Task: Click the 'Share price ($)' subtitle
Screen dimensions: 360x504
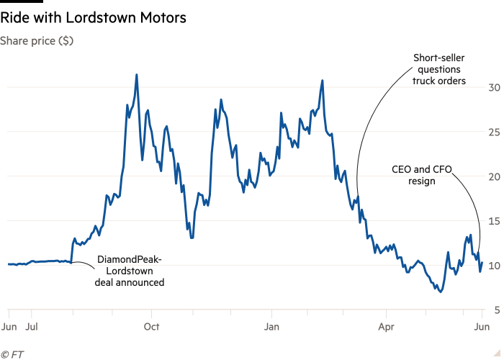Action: pos(37,41)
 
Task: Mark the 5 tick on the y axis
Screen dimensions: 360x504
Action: pos(492,310)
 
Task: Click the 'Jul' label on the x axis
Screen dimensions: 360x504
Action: pos(32,325)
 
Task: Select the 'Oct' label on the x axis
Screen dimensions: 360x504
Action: pos(151,325)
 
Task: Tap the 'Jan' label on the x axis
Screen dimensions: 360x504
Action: pos(271,325)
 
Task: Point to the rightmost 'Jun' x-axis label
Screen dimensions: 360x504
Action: pos(482,325)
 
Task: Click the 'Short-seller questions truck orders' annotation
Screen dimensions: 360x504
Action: pos(438,69)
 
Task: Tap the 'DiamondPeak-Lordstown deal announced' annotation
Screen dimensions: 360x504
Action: pos(130,271)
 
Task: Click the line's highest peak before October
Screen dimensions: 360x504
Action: pos(136,74)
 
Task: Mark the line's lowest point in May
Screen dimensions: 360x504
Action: pos(439,292)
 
